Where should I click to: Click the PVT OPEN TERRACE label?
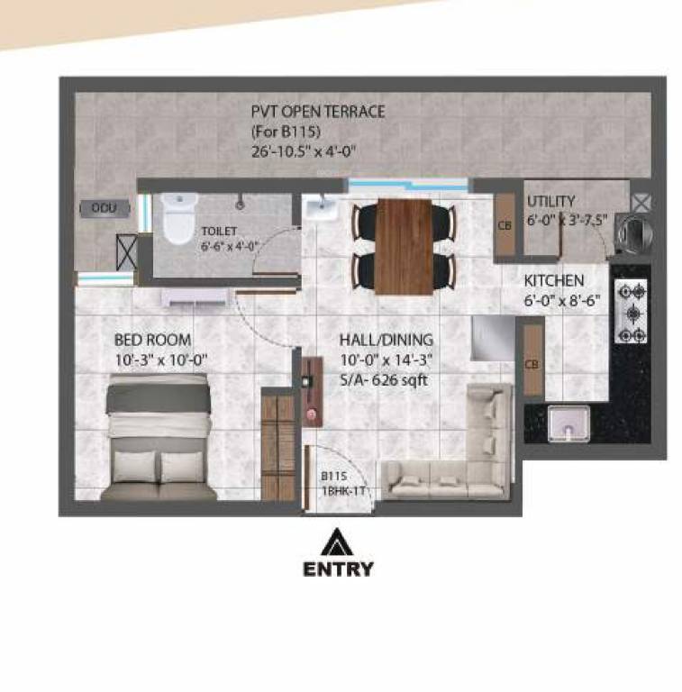coord(318,112)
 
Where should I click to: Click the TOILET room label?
coord(219,232)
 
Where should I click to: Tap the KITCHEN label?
coord(554,280)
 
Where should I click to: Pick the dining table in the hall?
coord(404,245)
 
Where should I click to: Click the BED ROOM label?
coord(152,340)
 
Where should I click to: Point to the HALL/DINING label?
coord(386,340)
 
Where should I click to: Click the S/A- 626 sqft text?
coord(383,380)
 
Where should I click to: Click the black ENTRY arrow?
coord(338,542)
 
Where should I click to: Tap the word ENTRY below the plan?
coord(338,569)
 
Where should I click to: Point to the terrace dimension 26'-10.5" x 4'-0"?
coord(305,150)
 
